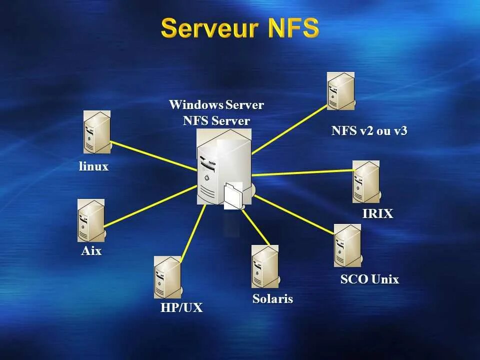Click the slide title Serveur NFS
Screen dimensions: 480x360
(240, 28)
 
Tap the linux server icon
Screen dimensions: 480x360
(96, 132)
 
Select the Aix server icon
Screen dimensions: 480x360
(91, 220)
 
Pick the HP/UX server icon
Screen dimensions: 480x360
(167, 277)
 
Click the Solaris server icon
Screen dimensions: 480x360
(265, 266)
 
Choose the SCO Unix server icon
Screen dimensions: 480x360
(347, 245)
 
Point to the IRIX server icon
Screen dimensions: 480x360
(366, 181)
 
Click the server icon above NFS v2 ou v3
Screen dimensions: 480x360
(341, 91)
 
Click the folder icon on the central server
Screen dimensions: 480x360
(233, 195)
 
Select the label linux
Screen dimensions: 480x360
(93, 166)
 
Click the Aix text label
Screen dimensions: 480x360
(91, 251)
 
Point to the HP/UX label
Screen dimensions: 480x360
(181, 307)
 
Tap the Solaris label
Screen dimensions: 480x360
(272, 299)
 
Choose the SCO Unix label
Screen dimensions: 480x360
(369, 279)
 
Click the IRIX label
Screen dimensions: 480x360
(377, 213)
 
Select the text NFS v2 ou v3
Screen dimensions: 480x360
(369, 131)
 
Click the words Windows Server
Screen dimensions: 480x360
(216, 105)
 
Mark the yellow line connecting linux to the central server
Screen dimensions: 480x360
(152, 156)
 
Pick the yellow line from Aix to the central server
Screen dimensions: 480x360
(150, 207)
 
